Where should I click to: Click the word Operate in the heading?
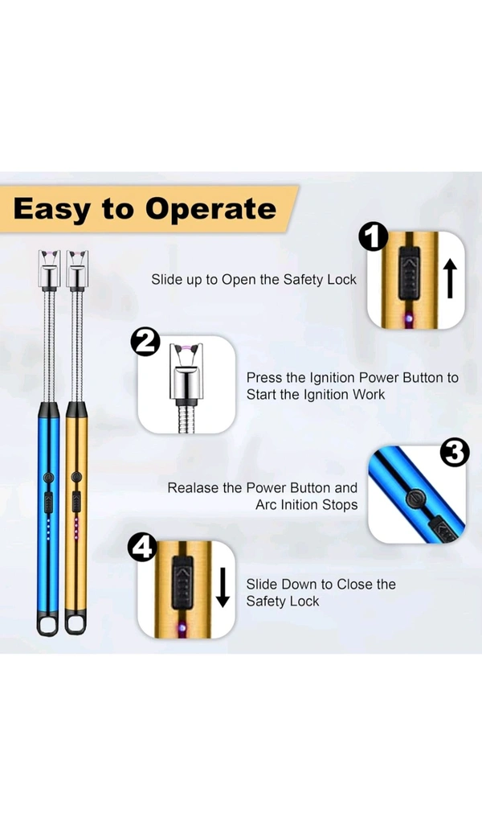(x=210, y=209)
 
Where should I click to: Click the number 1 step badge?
(x=374, y=237)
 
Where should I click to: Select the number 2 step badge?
(x=145, y=343)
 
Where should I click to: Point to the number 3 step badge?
(x=455, y=453)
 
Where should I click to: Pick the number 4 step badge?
(x=142, y=547)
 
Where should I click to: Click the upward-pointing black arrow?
(x=451, y=278)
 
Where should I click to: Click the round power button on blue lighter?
(x=49, y=477)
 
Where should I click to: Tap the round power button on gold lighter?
(x=76, y=477)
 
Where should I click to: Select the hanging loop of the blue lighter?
(x=47, y=624)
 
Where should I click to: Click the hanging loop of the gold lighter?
(x=76, y=624)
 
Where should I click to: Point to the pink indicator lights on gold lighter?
(x=76, y=528)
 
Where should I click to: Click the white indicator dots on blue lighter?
(x=49, y=528)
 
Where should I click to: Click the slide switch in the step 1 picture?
(x=409, y=273)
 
